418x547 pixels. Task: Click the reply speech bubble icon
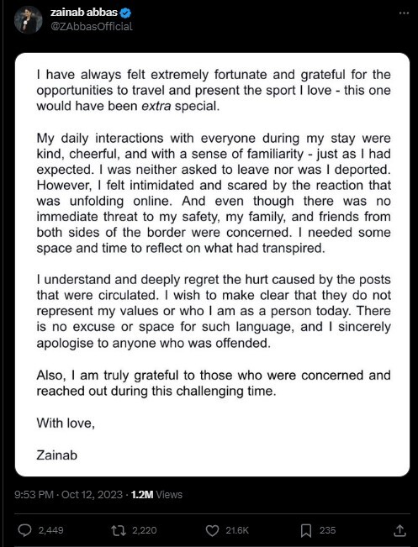pos(24,530)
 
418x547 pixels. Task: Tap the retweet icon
pos(119,530)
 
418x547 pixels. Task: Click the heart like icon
pos(211,530)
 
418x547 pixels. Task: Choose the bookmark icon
pos(306,530)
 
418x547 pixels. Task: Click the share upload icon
pos(398,530)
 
